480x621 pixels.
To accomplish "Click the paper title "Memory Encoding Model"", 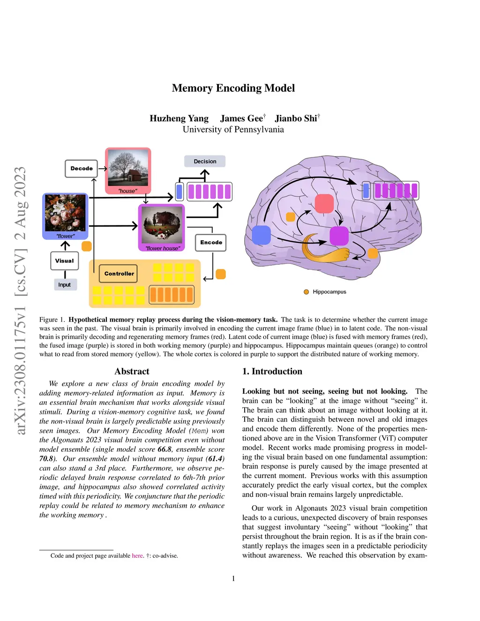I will [233, 88].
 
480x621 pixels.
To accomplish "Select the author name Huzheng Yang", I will [179, 119].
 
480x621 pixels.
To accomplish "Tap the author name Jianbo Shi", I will [296, 119].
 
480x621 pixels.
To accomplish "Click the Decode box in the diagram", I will [82, 169].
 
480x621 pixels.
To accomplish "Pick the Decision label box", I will [205, 161].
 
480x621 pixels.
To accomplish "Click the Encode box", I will [211, 242].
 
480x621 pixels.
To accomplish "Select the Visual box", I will [64, 261].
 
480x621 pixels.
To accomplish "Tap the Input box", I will [64, 284].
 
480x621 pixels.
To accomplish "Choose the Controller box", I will [119, 274].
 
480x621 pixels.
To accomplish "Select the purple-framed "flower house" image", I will [162, 227].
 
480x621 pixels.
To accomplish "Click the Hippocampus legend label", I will [329, 292].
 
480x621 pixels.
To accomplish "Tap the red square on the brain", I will [324, 203].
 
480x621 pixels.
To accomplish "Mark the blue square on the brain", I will [261, 235].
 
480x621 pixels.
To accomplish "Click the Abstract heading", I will [132, 371].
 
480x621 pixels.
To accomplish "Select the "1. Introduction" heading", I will [272, 371].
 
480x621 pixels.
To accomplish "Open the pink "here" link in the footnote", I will [137, 556].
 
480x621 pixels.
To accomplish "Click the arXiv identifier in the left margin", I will [20, 300].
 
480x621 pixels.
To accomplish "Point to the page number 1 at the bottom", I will [233, 578].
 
